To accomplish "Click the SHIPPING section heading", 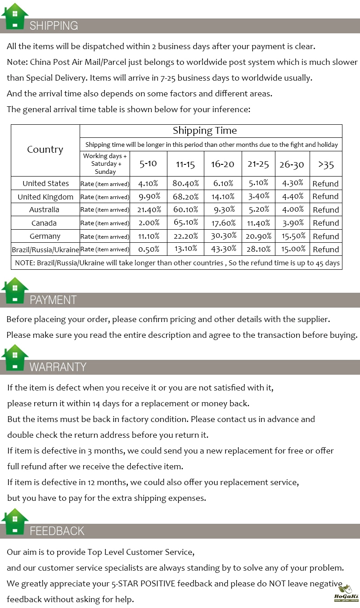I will click(54, 26).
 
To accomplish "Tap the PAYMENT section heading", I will click(53, 300).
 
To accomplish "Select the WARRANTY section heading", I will click(58, 367).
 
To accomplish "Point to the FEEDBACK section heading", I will click(57, 531).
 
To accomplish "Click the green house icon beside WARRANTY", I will click(15, 358).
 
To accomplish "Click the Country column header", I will click(45, 150).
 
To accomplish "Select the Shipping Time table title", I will click(205, 131).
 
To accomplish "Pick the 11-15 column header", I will click(185, 164).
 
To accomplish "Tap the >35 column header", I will click(326, 164).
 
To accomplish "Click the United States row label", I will click(45, 183).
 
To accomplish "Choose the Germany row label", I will click(45, 236).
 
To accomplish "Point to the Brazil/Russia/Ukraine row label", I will click(45, 249).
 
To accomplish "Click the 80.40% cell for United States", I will click(185, 183).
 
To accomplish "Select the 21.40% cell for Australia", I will click(148, 209).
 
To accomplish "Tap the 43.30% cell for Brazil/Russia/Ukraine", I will click(223, 249).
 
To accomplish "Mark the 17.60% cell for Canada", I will click(223, 223).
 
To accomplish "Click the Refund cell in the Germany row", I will click(326, 236).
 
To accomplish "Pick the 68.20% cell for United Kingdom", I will click(185, 196).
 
